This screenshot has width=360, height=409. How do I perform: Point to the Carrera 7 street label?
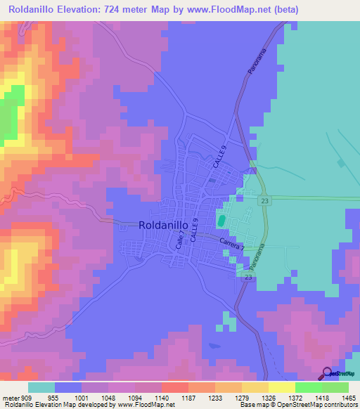231,242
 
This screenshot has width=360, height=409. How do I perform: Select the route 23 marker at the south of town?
248,278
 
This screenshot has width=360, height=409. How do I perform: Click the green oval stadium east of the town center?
221,221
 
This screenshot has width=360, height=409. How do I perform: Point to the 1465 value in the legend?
340,397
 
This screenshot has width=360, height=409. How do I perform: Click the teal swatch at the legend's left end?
41,387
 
